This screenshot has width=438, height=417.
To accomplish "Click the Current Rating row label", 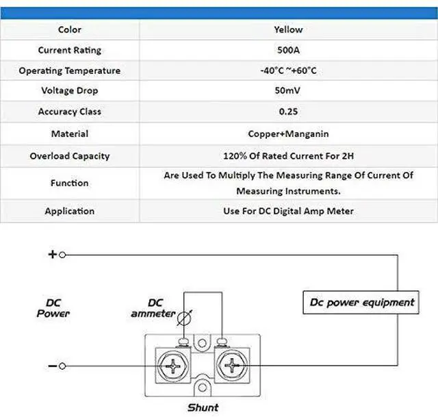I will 69,50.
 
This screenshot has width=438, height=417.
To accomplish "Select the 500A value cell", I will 288,50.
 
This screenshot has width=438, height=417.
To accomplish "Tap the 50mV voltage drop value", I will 288,90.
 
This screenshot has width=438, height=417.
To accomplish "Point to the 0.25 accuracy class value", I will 288,111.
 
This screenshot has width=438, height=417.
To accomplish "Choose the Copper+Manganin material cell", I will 288,134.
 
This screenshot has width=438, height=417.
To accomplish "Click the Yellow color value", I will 288,29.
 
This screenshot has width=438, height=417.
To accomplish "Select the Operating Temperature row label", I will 69,71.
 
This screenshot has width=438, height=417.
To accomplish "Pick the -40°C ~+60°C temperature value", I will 288,71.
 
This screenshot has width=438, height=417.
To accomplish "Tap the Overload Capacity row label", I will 69,156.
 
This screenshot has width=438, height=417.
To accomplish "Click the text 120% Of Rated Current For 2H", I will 288,156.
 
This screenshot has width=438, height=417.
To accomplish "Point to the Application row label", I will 69,211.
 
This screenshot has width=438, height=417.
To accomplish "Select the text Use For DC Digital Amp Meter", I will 288,211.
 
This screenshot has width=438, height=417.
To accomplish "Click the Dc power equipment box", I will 361,302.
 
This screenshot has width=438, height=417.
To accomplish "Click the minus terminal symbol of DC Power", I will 52,366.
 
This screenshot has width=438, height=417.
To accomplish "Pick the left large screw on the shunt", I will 174,364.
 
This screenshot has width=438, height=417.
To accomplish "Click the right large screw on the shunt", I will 232,364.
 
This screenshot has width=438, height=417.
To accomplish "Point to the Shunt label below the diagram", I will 203,407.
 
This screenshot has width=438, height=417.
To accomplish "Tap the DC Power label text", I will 53,307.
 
